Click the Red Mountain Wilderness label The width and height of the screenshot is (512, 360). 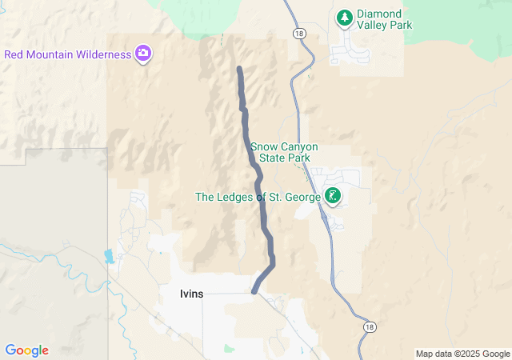[67, 54]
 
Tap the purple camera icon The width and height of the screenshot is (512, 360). [144, 54]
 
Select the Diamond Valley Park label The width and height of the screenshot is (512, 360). [385, 20]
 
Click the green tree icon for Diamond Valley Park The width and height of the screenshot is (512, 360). [344, 16]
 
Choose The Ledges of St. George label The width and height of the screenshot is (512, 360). [258, 197]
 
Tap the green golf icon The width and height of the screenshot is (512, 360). [333, 195]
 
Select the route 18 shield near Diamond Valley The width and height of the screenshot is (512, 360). [298, 34]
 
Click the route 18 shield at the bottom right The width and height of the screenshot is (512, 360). [369, 327]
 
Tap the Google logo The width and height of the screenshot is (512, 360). [26, 350]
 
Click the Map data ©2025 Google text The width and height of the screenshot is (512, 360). [462, 354]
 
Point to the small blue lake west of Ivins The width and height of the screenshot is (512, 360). [109, 257]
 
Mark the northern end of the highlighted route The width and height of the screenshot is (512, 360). [239, 70]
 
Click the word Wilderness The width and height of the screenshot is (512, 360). [101, 54]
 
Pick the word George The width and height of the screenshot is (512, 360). [300, 197]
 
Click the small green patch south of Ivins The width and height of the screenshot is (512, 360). [230, 348]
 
